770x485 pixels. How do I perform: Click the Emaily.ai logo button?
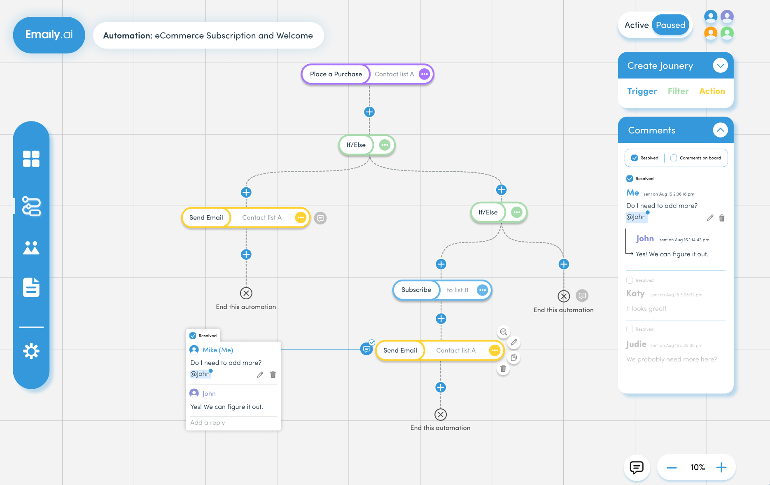tap(49, 35)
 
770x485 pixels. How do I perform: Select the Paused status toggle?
tap(670, 25)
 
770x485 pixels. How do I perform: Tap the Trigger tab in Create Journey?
tap(642, 91)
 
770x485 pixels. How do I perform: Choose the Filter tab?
tap(678, 91)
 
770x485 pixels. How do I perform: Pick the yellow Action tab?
tap(712, 91)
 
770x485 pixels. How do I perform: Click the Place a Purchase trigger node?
tap(336, 74)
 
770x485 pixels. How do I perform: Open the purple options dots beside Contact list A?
tap(425, 74)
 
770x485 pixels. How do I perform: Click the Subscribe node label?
tap(416, 290)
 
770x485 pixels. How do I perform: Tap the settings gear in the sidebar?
tap(31, 351)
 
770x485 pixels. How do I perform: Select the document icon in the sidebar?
tap(31, 287)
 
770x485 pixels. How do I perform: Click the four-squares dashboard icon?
tap(31, 159)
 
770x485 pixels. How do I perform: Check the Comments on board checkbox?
tap(674, 158)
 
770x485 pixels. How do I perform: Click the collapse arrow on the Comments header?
tap(720, 130)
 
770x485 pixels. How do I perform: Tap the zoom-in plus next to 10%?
tap(721, 467)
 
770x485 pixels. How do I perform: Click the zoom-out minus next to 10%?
tap(672, 468)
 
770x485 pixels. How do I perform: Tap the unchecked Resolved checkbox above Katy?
tap(630, 280)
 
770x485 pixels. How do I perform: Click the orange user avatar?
tap(711, 33)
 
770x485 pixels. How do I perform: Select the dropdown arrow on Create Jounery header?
tap(720, 65)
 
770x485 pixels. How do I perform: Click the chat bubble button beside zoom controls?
tap(637, 467)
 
